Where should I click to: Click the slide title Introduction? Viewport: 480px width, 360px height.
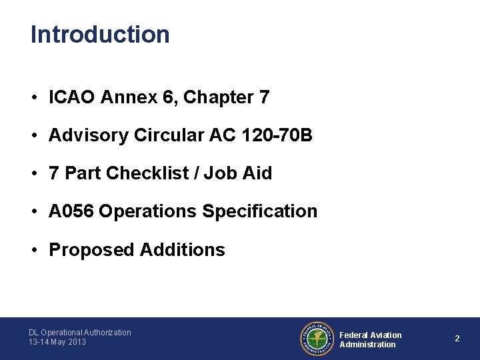click(100, 34)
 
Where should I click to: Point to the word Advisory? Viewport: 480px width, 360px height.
click(89, 135)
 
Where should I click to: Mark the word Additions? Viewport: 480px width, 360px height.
click(183, 250)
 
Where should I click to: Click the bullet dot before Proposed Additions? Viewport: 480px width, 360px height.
click(33, 250)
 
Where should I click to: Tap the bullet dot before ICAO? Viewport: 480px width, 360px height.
click(33, 98)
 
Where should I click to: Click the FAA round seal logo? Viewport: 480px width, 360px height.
click(317, 339)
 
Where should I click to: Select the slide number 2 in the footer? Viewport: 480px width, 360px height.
click(457, 339)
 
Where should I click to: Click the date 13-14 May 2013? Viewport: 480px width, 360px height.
click(57, 342)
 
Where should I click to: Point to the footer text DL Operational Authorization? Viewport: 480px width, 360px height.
click(80, 332)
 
